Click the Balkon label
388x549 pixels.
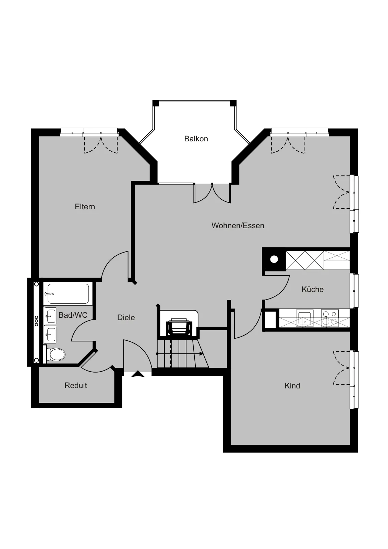[x=196, y=139]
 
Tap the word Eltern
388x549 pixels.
[x=85, y=207]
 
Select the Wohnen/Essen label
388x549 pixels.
[x=238, y=225]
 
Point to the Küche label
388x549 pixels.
[x=312, y=289]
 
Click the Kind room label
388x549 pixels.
[x=292, y=386]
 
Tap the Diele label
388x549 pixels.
[x=126, y=317]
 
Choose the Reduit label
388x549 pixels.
[x=76, y=385]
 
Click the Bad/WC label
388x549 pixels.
[x=73, y=315]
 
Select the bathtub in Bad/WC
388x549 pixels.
[x=68, y=294]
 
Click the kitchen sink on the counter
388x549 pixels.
[x=304, y=318]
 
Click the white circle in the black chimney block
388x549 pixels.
[x=274, y=259]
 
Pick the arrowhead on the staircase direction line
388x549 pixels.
[x=201, y=354]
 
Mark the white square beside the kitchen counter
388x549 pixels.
[x=270, y=319]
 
